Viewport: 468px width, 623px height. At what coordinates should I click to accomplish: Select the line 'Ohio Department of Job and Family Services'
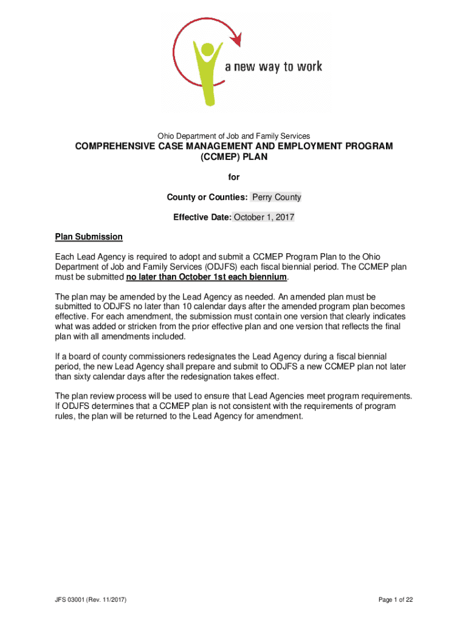click(x=234, y=136)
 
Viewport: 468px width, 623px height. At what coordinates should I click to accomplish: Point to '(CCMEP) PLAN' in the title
click(x=234, y=158)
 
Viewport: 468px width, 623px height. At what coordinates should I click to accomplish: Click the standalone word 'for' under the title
click(x=234, y=177)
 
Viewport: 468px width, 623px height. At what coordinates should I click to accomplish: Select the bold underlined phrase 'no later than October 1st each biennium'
click(x=206, y=277)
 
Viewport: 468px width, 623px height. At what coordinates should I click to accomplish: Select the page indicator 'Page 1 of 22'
click(x=395, y=600)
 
